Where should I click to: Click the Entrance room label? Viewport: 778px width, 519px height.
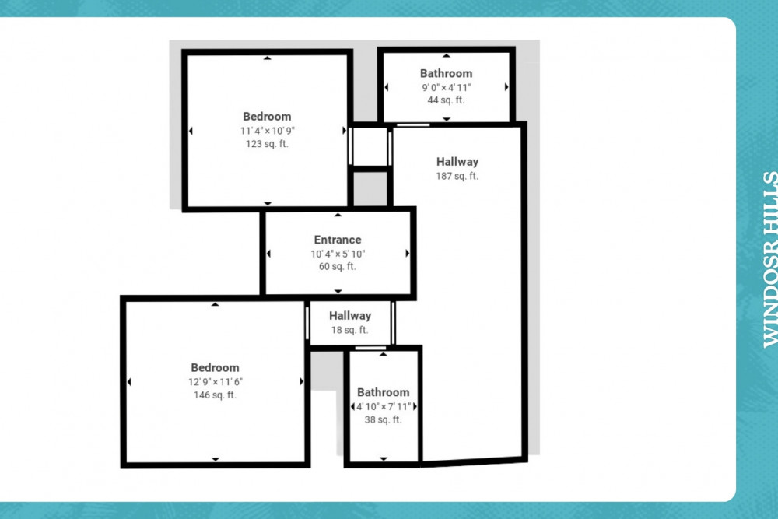pyautogui.click(x=338, y=240)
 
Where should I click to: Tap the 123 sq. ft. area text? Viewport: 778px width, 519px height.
pyautogui.click(x=267, y=144)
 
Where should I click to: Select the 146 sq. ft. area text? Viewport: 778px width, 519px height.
pyautogui.click(x=215, y=395)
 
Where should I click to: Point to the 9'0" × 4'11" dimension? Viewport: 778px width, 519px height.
pyautogui.click(x=446, y=87)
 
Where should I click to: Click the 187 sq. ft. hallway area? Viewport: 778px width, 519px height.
pyautogui.click(x=457, y=176)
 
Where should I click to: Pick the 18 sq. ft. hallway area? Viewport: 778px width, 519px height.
pyautogui.click(x=350, y=330)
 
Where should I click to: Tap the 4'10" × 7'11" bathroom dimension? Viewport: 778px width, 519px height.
pyautogui.click(x=384, y=407)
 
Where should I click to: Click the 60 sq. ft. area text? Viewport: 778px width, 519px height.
pyautogui.click(x=338, y=266)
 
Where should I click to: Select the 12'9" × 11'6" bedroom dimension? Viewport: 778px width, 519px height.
pyautogui.click(x=216, y=382)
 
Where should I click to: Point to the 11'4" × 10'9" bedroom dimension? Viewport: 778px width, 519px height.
pyautogui.click(x=268, y=131)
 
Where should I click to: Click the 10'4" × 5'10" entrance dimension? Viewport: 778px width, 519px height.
pyautogui.click(x=338, y=254)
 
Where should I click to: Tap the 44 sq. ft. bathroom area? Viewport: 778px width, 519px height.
pyautogui.click(x=446, y=100)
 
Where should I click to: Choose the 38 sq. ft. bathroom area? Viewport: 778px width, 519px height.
pyautogui.click(x=383, y=419)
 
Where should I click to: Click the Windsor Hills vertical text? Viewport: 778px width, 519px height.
pyautogui.click(x=770, y=259)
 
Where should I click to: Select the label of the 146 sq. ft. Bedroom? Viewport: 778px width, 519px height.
pyautogui.click(x=215, y=368)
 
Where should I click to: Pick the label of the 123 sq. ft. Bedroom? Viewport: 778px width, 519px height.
pyautogui.click(x=267, y=117)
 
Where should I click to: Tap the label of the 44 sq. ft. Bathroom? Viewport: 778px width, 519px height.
pyautogui.click(x=446, y=73)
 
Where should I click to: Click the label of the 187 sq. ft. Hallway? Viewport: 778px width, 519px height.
pyautogui.click(x=457, y=162)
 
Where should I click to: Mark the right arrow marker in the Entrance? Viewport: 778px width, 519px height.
pyautogui.click(x=408, y=254)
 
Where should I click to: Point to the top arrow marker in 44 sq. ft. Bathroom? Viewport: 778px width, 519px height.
pyautogui.click(x=447, y=55)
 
